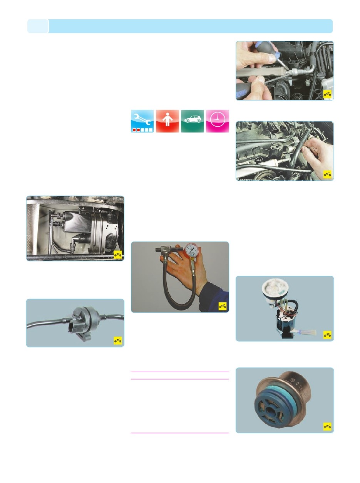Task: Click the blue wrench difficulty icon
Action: click(x=142, y=121)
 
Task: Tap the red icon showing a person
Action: click(x=167, y=121)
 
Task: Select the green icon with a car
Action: click(x=193, y=121)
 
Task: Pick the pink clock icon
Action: click(x=218, y=121)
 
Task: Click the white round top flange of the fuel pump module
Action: click(x=276, y=288)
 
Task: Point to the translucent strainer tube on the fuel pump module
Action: click(x=306, y=332)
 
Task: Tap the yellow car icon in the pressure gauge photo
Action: click(x=223, y=306)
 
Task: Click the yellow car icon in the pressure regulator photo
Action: click(x=327, y=426)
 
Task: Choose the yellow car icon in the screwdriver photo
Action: click(x=327, y=94)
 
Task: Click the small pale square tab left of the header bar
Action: click(x=38, y=26)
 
